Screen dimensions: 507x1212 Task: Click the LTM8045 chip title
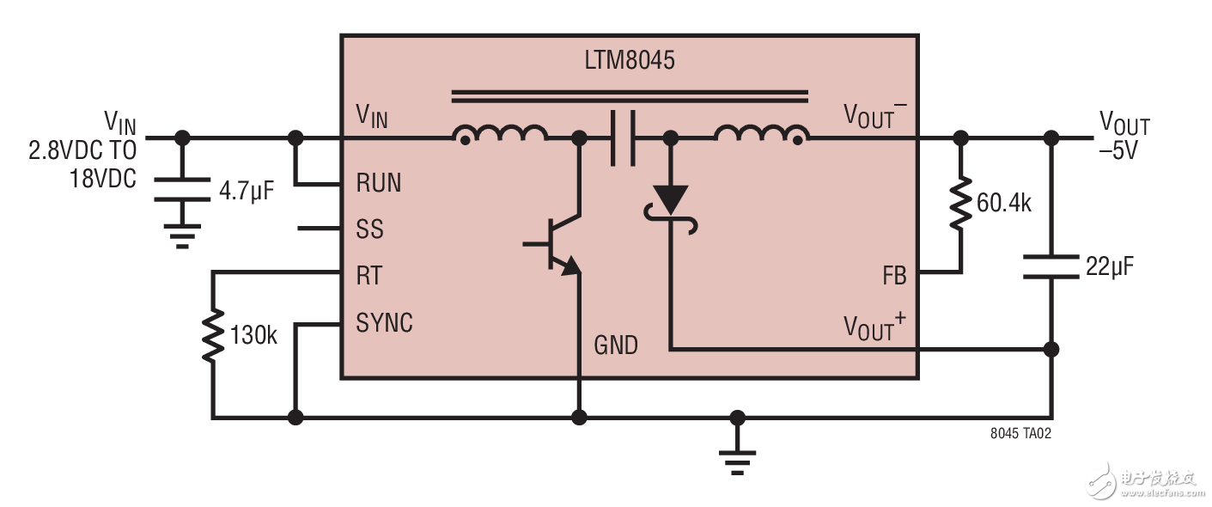click(630, 62)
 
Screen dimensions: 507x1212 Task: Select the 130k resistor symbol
click(212, 336)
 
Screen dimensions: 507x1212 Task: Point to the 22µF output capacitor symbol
click(1051, 266)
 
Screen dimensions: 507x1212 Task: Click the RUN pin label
click(378, 184)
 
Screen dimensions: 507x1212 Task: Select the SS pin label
click(369, 229)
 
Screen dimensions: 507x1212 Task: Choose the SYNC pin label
click(384, 323)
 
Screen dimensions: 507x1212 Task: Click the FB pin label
click(893, 276)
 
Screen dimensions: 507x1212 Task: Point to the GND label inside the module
click(616, 345)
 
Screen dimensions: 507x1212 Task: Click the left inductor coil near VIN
click(500, 135)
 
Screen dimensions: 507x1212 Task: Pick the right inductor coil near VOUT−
click(761, 135)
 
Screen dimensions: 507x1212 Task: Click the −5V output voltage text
click(1118, 151)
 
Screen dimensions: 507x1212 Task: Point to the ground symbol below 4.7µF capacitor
click(181, 234)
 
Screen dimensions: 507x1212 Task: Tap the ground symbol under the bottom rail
click(736, 461)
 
